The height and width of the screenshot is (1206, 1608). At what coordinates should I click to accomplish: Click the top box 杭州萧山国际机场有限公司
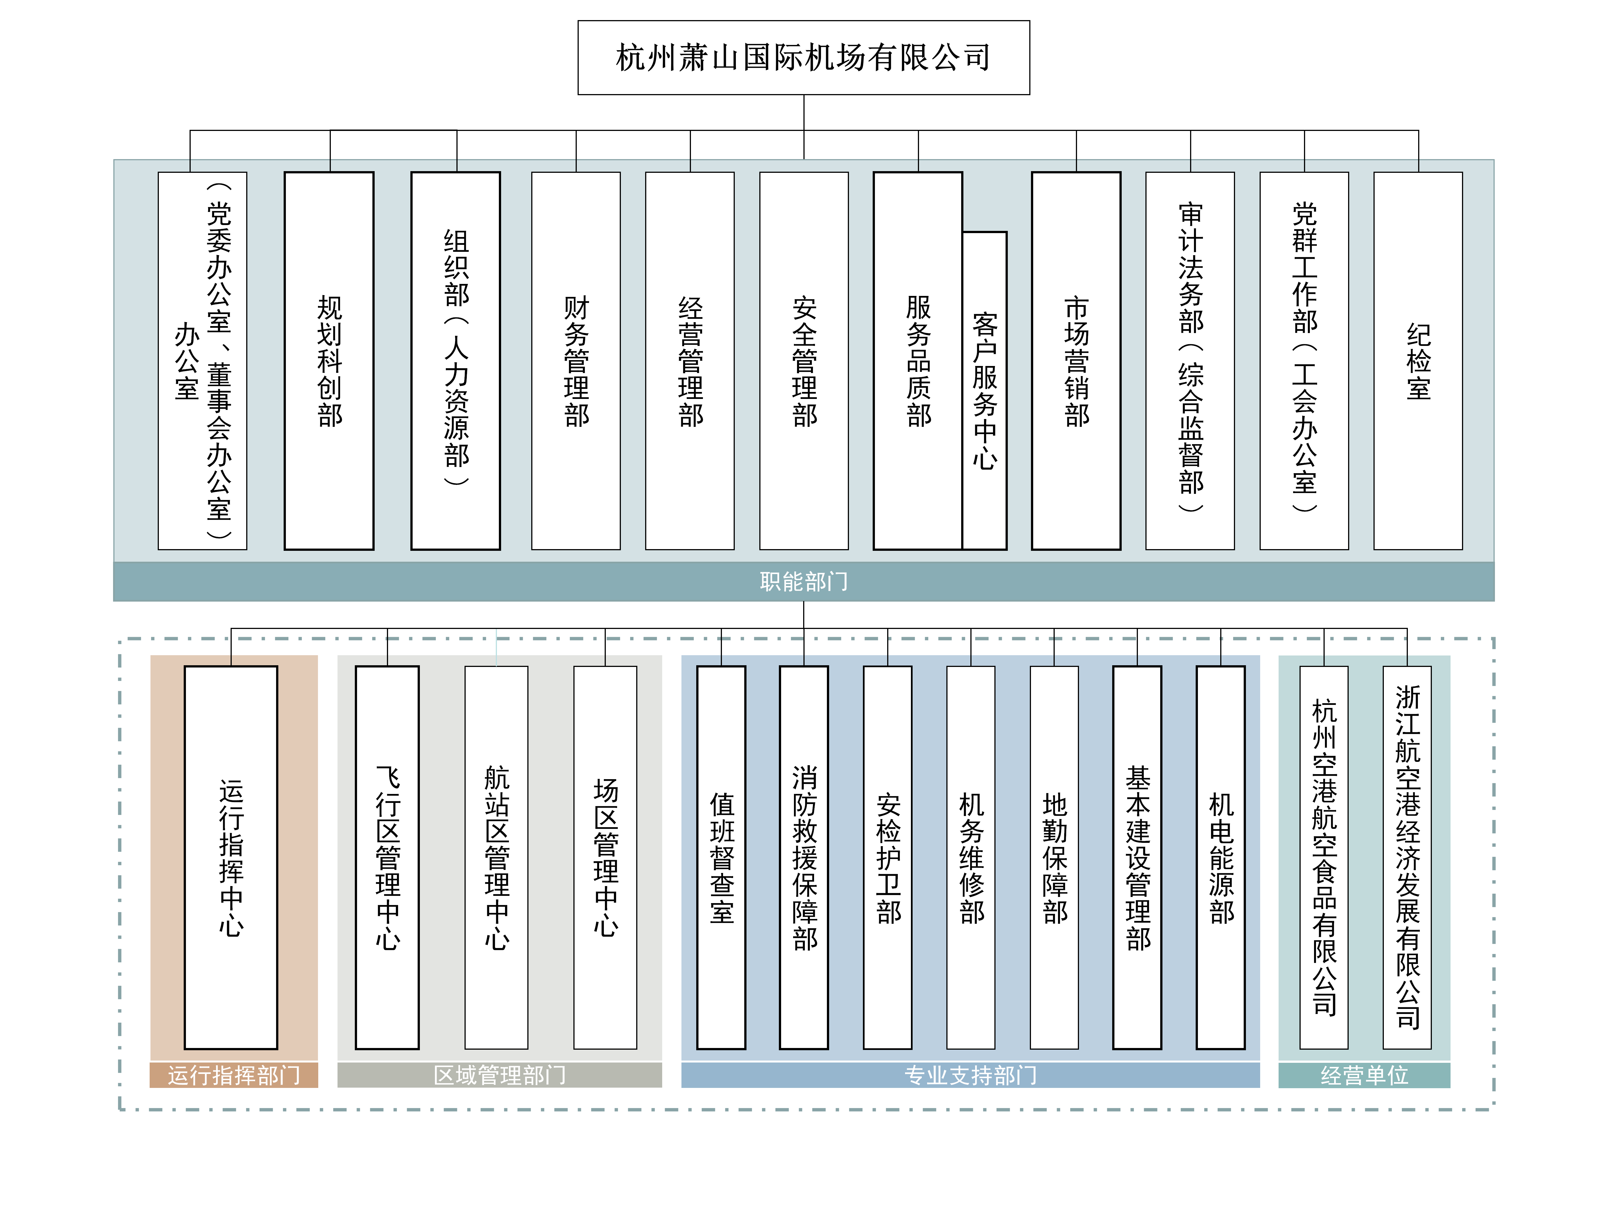point(803,58)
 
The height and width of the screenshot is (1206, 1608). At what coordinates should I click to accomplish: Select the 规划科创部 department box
point(329,361)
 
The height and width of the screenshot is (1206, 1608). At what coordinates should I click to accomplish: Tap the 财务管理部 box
point(576,361)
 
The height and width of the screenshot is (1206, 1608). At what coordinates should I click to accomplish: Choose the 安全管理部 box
point(804,361)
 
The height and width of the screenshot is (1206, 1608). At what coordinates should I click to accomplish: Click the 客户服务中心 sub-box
point(985,390)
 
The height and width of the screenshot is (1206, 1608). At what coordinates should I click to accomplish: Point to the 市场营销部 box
point(1076,361)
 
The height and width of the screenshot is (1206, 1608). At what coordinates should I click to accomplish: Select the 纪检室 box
point(1418,361)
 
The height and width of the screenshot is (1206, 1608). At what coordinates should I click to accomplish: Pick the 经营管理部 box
point(690,361)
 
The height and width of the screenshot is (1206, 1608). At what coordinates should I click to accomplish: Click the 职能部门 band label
point(804,582)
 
